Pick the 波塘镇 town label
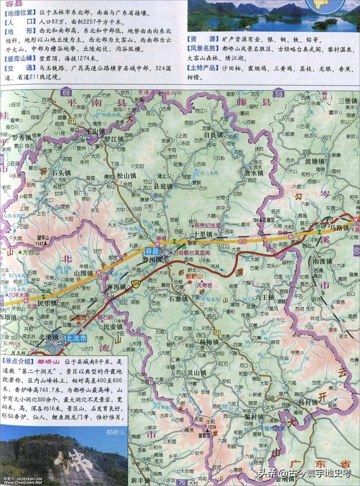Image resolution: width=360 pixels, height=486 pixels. [x=315, y=161]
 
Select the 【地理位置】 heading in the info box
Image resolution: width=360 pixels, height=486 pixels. [x=21, y=11]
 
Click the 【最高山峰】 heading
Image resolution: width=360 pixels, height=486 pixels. [x=21, y=58]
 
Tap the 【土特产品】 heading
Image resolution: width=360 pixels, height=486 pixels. [x=204, y=67]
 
